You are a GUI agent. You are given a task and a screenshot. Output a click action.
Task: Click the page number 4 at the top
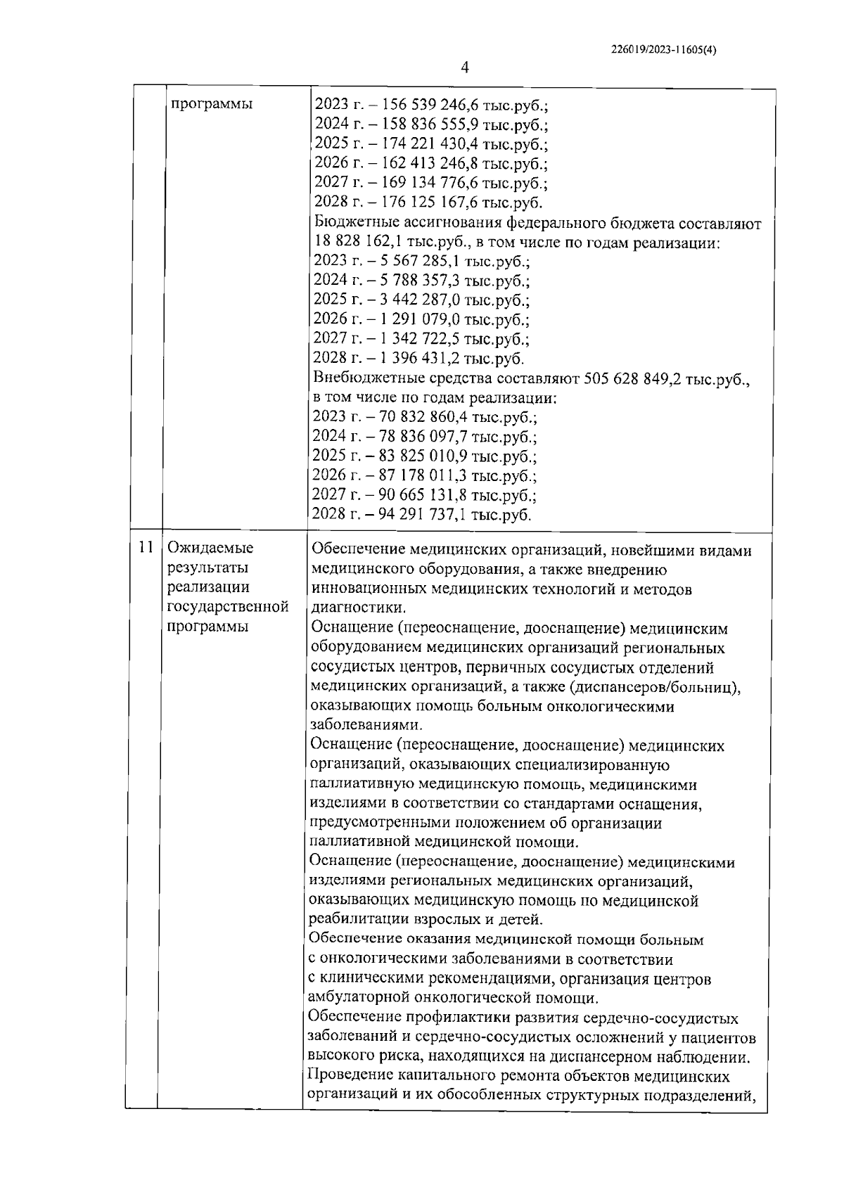pos(464,68)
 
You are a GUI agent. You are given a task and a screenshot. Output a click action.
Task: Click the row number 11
pos(146,547)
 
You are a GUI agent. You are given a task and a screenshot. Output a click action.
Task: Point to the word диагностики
pos(357,608)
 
